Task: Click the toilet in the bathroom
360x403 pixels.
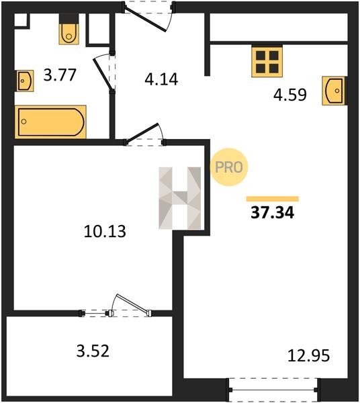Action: (x=69, y=34)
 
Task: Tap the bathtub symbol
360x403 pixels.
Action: (x=50, y=122)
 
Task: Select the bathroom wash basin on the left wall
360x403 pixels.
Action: (x=25, y=81)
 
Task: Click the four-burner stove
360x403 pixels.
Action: (x=267, y=62)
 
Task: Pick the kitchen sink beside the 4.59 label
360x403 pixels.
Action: (x=334, y=91)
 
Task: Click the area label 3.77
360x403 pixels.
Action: (x=60, y=75)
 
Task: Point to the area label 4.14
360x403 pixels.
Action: (x=161, y=79)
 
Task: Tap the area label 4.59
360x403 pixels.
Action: (x=290, y=95)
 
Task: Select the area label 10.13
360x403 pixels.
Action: (x=105, y=231)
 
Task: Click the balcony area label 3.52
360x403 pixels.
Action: (x=93, y=351)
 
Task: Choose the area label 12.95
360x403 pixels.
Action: (x=308, y=356)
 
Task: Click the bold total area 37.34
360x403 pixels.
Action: (x=273, y=213)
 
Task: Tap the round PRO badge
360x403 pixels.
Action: (x=228, y=167)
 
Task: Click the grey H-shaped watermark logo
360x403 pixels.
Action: (x=179, y=198)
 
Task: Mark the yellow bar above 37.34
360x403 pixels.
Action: (x=273, y=199)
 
